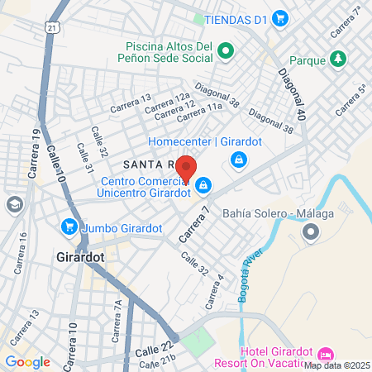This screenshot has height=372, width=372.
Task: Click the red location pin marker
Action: pos(186,169)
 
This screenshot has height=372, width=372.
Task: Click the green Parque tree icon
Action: pos(337,59)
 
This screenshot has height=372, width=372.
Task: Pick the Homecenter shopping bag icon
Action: pos(239,158)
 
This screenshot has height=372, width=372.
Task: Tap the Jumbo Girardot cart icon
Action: pos(69,227)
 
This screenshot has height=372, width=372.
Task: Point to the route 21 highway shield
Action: pos(53,27)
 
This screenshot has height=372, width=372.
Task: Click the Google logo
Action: pos(27,361)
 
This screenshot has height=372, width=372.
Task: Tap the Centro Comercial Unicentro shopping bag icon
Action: pos(203,184)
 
